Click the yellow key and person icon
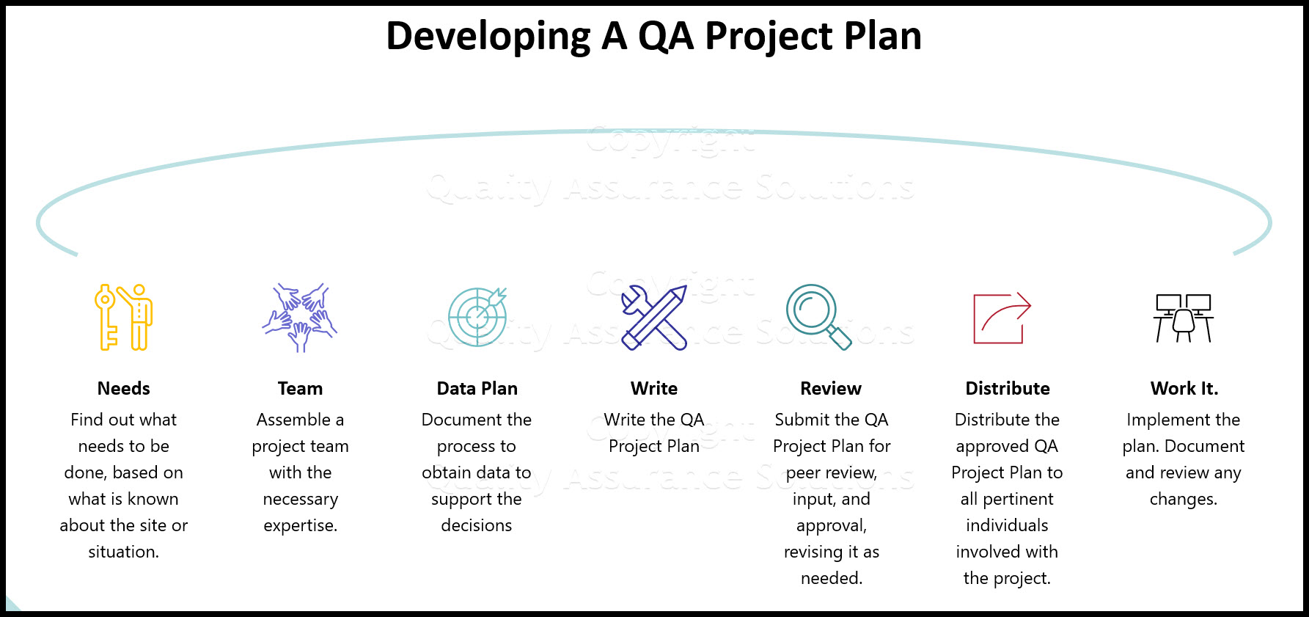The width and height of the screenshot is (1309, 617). [123, 317]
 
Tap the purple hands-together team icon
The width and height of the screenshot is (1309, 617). [300, 318]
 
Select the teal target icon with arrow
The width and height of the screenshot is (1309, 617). [477, 317]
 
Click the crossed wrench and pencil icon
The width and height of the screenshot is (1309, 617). [654, 318]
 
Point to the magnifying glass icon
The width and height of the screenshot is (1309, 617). [818, 316]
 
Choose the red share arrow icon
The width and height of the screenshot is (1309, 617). [1002, 318]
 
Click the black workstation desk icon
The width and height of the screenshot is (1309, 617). [1183, 318]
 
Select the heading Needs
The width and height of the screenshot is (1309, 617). [123, 388]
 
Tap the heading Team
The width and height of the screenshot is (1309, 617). [300, 388]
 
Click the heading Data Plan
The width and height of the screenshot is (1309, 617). [477, 388]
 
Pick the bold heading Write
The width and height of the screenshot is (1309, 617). [654, 388]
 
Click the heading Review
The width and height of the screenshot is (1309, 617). [831, 388]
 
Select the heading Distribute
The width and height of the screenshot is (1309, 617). [1008, 388]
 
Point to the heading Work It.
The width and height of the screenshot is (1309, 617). [1184, 388]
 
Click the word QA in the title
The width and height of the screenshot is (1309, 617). [666, 36]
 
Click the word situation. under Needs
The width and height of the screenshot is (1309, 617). [123, 552]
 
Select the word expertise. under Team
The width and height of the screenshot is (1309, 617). [300, 526]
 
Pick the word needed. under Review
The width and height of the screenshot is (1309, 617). [831, 578]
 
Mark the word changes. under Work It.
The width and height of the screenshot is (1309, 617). [1183, 500]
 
